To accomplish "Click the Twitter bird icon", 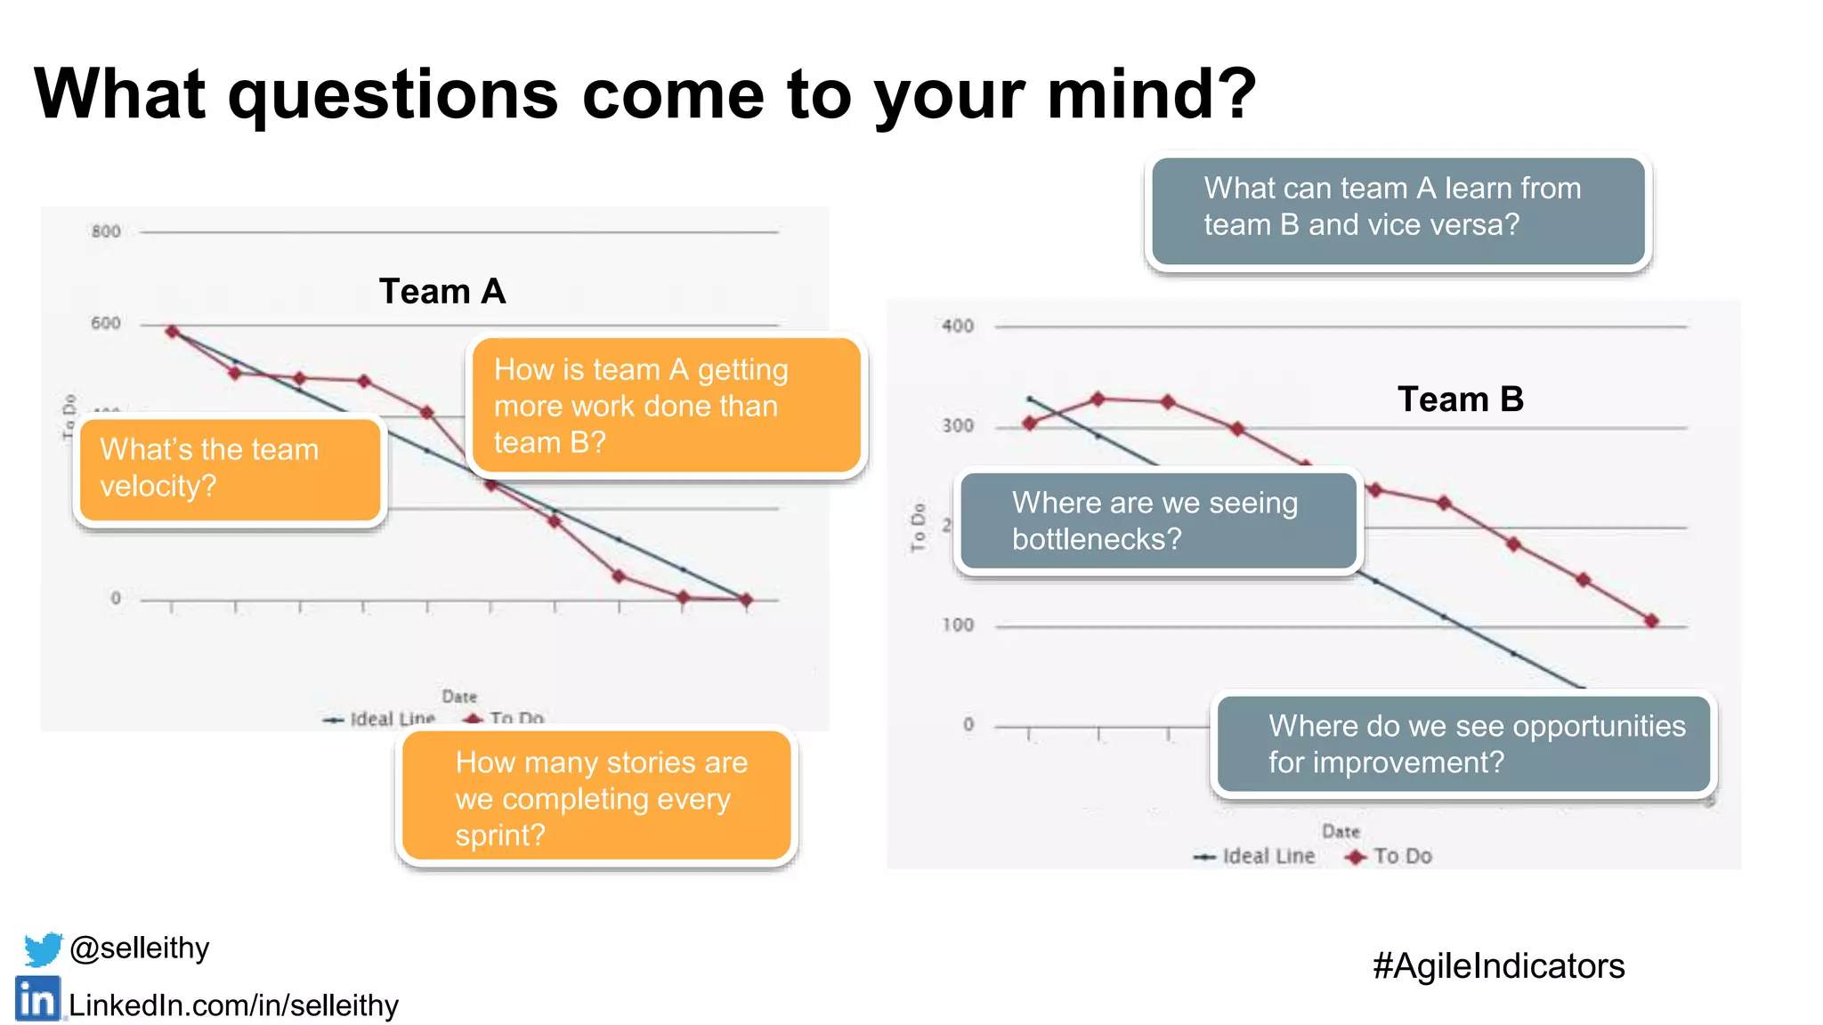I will (x=43, y=948).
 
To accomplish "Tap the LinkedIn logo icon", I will (x=37, y=1000).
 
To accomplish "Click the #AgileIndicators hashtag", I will (x=1498, y=966).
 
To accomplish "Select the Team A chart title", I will (x=442, y=292).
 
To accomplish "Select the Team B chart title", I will (x=1460, y=400).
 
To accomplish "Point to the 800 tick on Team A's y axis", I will (x=106, y=232).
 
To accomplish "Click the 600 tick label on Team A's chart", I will (x=106, y=324).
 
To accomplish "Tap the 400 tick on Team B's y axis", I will (x=958, y=327).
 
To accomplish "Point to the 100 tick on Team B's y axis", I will (x=958, y=625).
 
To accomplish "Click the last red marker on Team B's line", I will (x=1651, y=621).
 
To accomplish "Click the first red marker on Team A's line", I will (x=173, y=332).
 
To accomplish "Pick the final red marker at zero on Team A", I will (x=746, y=600).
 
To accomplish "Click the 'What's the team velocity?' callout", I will (x=231, y=469).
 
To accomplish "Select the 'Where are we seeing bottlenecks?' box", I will (x=1158, y=521).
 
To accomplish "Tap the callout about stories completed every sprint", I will (x=596, y=798).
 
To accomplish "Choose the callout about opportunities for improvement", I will (x=1463, y=745).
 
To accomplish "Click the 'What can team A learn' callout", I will (x=1398, y=207).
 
